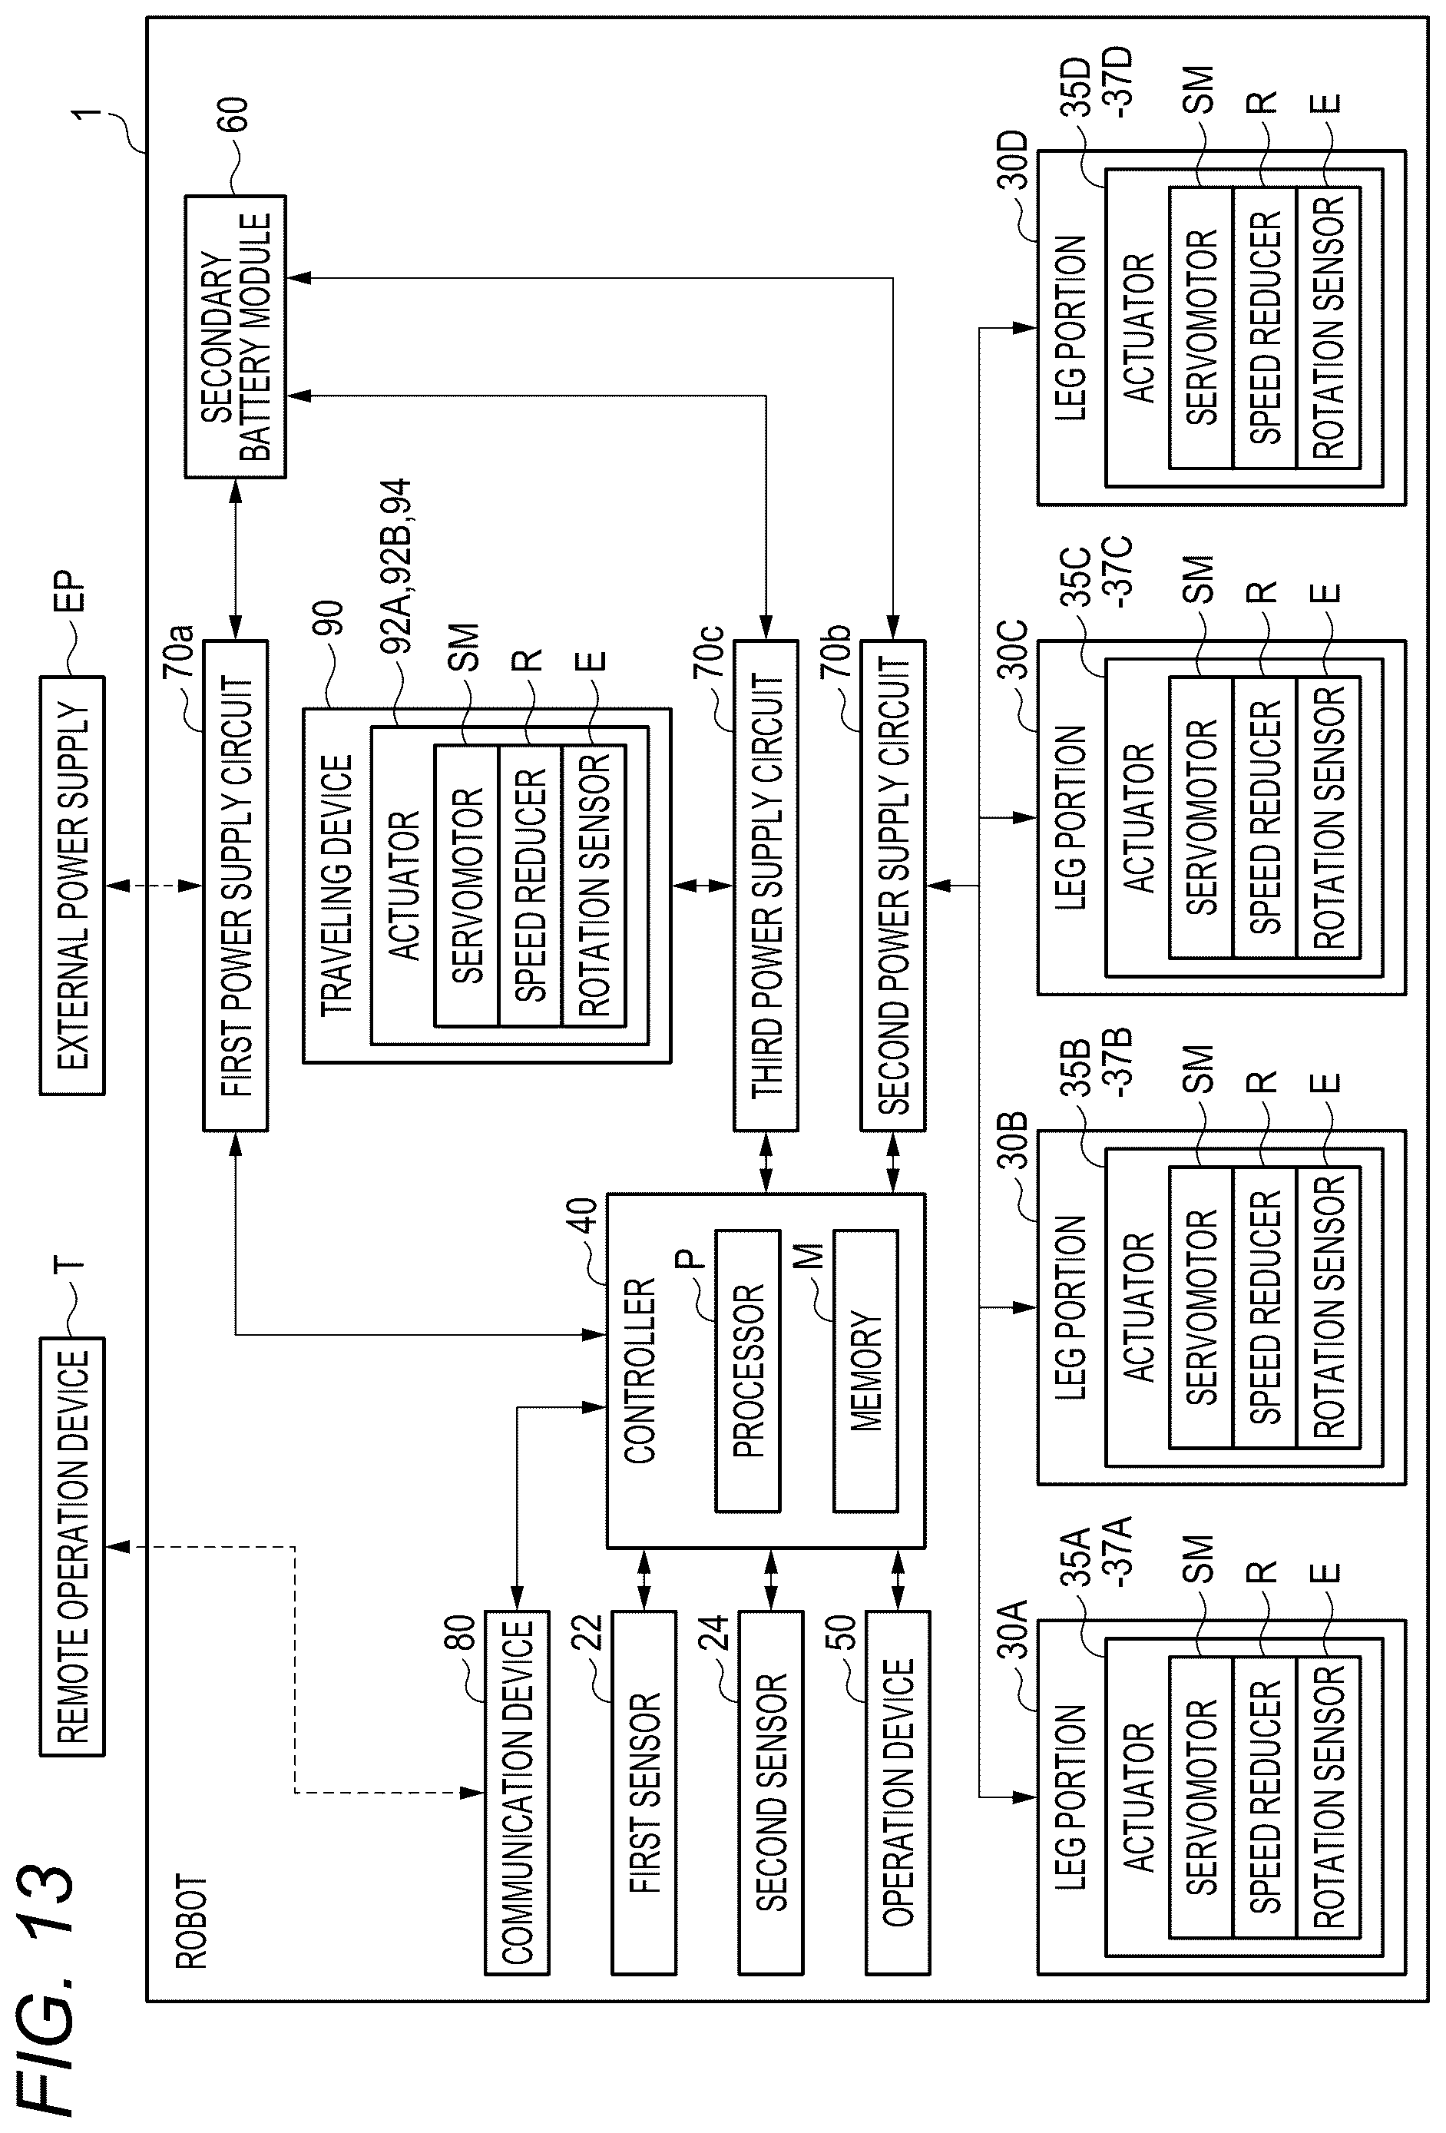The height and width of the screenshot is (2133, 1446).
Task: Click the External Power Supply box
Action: tap(72, 886)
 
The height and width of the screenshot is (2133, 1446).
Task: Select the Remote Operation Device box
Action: tap(72, 1546)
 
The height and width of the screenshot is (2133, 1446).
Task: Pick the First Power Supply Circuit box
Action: tap(236, 886)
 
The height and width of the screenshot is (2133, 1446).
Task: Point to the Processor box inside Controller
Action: tap(748, 1371)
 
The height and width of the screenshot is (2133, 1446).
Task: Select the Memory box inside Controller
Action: tap(865, 1371)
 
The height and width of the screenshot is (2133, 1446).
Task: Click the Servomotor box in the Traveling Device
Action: tap(467, 886)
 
